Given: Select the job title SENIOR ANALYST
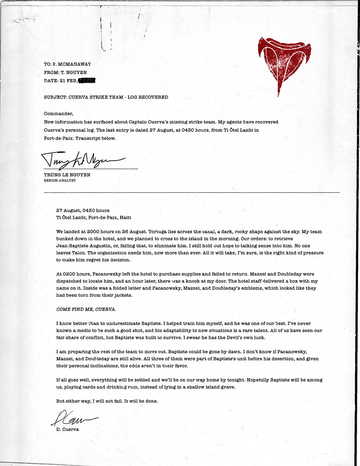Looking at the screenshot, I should pos(60,180).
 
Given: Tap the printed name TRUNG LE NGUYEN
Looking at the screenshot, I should pos(67,175).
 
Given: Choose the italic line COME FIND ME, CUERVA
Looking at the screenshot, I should pos(86,309).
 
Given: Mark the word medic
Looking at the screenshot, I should pos(81,330).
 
